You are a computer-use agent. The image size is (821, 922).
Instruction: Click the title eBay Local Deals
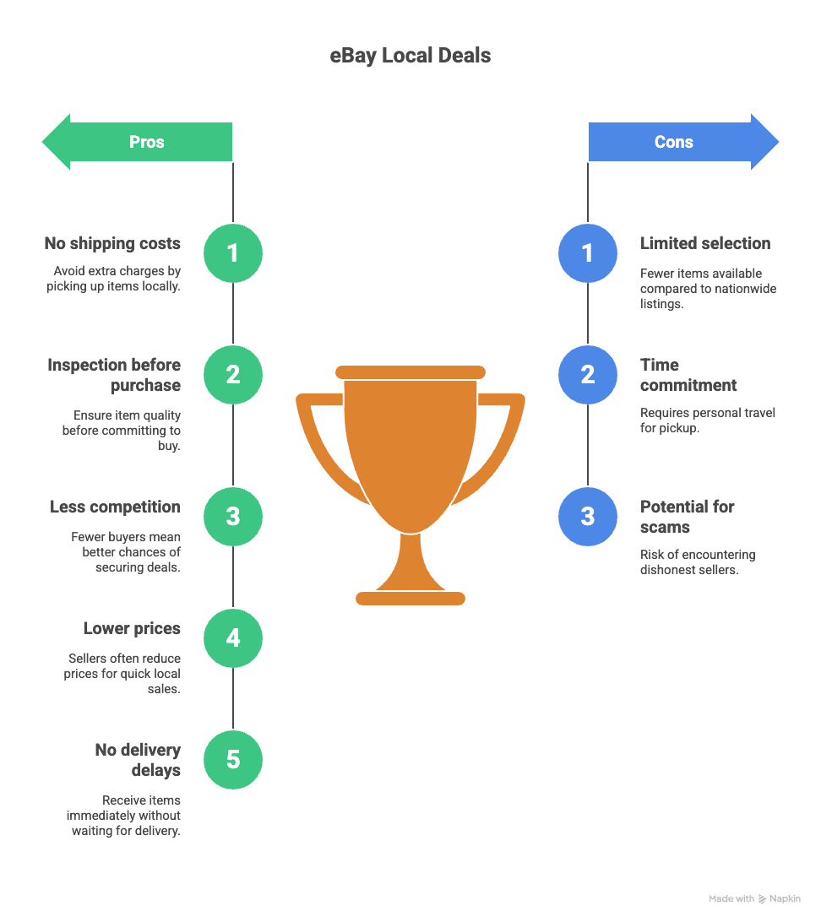click(410, 57)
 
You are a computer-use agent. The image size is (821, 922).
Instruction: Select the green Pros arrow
click(139, 142)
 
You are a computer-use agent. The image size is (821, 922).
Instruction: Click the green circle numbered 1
click(233, 252)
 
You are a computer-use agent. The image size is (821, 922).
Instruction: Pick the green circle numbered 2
click(233, 374)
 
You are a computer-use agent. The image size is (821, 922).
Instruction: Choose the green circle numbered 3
click(233, 516)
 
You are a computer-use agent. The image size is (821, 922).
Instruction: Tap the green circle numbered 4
click(233, 637)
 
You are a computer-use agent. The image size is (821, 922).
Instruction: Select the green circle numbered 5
click(233, 759)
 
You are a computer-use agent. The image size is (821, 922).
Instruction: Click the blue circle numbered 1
click(588, 252)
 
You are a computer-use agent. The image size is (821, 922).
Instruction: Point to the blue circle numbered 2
click(588, 374)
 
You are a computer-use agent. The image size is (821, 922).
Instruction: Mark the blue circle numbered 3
click(588, 516)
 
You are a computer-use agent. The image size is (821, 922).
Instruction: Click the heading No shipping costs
click(112, 244)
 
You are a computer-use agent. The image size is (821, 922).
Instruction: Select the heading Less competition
click(115, 507)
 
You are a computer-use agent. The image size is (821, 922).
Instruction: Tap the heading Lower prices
click(132, 629)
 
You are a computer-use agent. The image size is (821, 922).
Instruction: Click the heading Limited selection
click(705, 244)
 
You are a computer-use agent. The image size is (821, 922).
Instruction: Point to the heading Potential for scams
click(687, 517)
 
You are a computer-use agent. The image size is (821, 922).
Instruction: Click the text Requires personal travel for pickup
click(707, 420)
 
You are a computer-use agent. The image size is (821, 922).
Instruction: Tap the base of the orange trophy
click(410, 598)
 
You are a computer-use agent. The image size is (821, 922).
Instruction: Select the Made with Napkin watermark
click(754, 899)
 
